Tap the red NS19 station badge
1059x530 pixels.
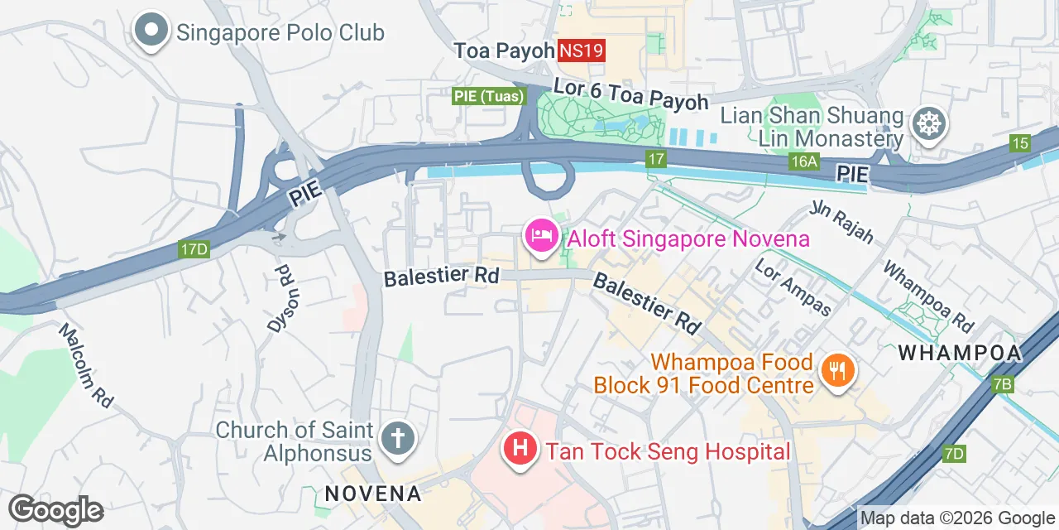pyautogui.click(x=582, y=51)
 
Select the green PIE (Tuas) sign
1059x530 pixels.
pyautogui.click(x=489, y=96)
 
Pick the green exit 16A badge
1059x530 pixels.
pyautogui.click(x=803, y=161)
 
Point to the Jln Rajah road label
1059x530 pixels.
pyautogui.click(x=841, y=221)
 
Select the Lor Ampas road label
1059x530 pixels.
pyautogui.click(x=793, y=287)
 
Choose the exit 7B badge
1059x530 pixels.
pyautogui.click(x=1002, y=384)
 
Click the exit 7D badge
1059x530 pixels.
pyautogui.click(x=954, y=453)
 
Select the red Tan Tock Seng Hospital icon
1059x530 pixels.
pyautogui.click(x=520, y=450)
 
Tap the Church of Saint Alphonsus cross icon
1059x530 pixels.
pyautogui.click(x=398, y=437)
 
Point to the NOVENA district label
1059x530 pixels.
pyautogui.click(x=372, y=494)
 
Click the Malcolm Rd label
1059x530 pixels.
pyautogui.click(x=85, y=364)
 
